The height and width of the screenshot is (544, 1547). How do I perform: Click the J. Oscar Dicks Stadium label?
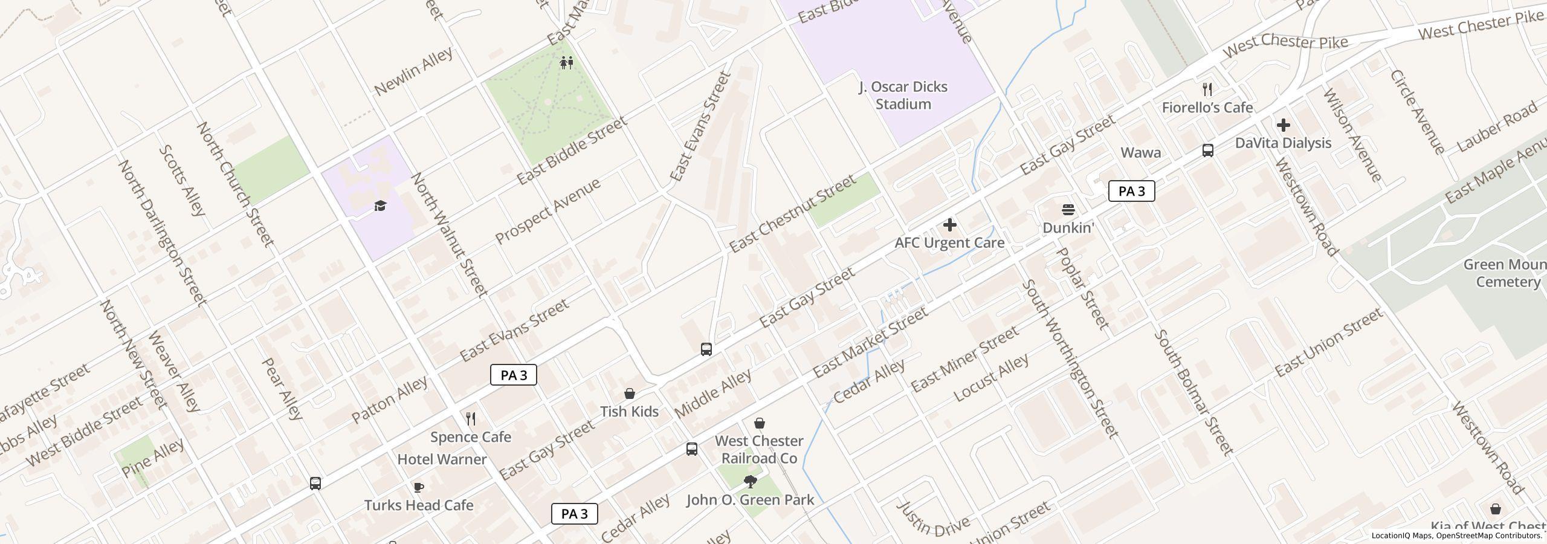(x=903, y=96)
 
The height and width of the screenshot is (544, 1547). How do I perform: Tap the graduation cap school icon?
(x=380, y=206)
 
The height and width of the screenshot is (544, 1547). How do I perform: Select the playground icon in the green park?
(x=566, y=62)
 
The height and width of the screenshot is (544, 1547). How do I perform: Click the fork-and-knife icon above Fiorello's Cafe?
(x=1207, y=89)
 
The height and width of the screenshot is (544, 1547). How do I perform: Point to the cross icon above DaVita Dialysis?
(x=1284, y=125)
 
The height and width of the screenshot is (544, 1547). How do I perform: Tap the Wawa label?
(x=1140, y=152)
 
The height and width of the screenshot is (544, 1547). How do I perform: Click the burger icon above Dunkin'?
(x=1068, y=210)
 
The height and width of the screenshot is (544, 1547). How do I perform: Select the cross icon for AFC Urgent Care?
(x=949, y=225)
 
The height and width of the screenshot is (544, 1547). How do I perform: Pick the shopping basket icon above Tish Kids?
(x=629, y=393)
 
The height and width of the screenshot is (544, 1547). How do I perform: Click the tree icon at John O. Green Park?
(x=750, y=482)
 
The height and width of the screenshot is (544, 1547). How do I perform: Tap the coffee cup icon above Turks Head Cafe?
(x=418, y=487)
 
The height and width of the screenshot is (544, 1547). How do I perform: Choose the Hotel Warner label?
(x=442, y=459)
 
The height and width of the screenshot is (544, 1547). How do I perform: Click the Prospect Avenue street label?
(x=548, y=211)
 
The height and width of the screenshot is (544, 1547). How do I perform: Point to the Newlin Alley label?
(x=413, y=71)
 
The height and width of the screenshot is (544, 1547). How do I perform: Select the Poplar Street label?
(x=1084, y=288)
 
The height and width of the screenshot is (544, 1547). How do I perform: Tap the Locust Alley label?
(x=991, y=378)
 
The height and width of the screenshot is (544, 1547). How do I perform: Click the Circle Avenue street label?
(x=1417, y=112)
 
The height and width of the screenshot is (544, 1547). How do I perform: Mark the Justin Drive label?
(x=933, y=520)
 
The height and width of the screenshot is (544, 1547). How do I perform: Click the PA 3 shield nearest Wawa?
(x=1131, y=191)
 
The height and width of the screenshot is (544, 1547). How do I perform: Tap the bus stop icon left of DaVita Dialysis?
(x=1207, y=151)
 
